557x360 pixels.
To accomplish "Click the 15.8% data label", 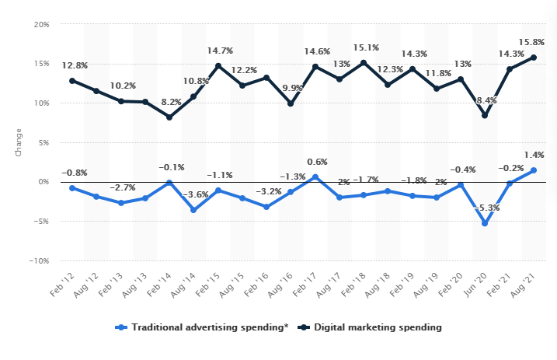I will (x=533, y=41).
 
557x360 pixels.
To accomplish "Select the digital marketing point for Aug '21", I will (x=534, y=57).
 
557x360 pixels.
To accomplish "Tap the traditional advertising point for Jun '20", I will (x=485, y=223).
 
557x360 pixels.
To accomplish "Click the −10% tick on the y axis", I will (x=38, y=261).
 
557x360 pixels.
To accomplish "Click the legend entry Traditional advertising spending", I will (x=201, y=327).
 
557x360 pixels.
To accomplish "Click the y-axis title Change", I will (x=19, y=143).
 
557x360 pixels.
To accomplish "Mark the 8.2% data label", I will (x=169, y=101).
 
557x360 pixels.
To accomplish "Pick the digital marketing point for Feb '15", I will (x=218, y=66).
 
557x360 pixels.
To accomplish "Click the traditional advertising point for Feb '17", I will (x=315, y=177).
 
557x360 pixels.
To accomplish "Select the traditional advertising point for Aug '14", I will (x=193, y=210).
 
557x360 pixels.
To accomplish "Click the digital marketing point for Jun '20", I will (x=485, y=115).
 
